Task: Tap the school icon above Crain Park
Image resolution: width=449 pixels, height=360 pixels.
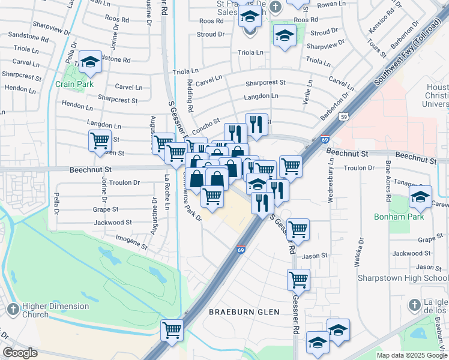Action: [90, 61]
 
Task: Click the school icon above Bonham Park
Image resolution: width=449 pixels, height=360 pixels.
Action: [420, 196]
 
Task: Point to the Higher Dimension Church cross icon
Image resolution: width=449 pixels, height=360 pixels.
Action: [13, 309]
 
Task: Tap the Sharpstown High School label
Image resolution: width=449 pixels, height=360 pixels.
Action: [402, 278]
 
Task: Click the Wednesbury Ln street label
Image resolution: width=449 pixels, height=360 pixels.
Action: [330, 180]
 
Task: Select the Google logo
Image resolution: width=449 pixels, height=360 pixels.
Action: [20, 352]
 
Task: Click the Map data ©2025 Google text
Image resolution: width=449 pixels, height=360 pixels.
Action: [412, 355]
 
